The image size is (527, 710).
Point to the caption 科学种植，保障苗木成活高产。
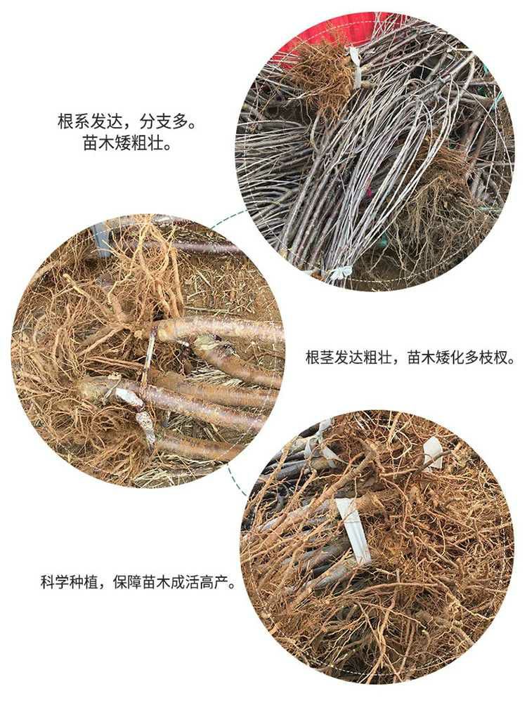[137, 582]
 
